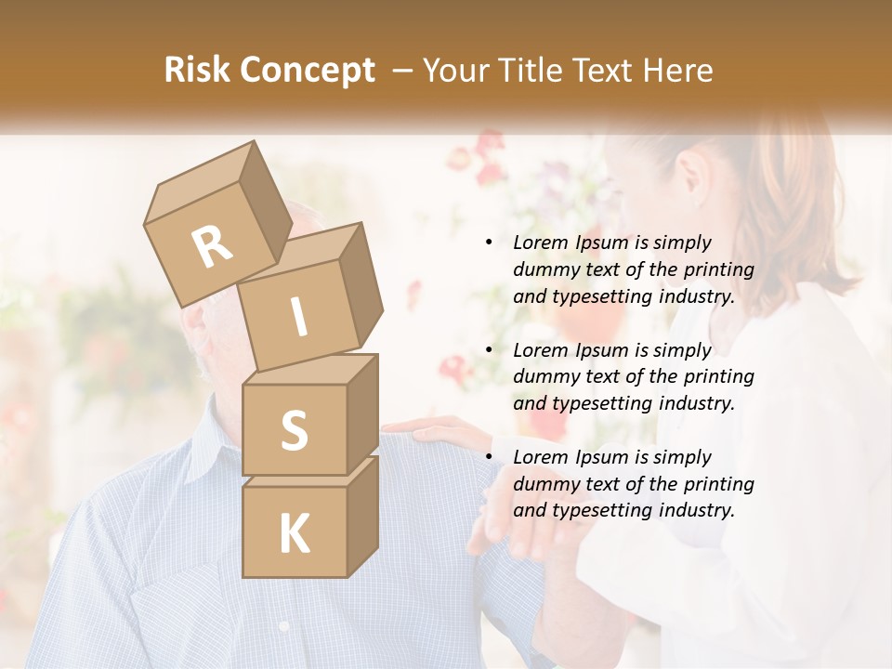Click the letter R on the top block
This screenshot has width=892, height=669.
[x=213, y=247]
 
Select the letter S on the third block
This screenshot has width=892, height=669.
[x=294, y=430]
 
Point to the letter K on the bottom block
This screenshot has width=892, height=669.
[x=294, y=533]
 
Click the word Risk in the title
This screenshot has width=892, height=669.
[x=196, y=71]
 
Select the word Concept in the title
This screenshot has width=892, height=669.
[x=306, y=71]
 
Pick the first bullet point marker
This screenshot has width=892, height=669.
[x=489, y=243]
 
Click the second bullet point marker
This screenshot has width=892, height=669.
[x=489, y=351]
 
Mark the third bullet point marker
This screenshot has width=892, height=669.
[x=489, y=458]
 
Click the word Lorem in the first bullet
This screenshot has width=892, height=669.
[x=540, y=243]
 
